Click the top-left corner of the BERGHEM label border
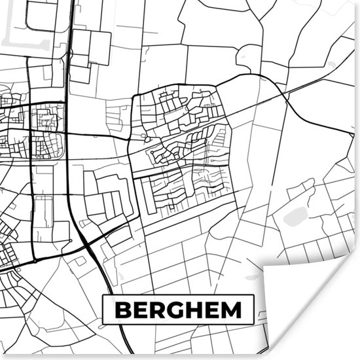pos(103,295)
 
